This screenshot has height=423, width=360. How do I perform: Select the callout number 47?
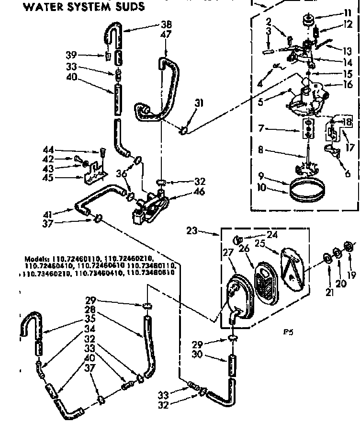pyautogui.click(x=166, y=34)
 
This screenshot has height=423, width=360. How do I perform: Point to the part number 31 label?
pyautogui.click(x=199, y=103)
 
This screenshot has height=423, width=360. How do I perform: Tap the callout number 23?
pyautogui.click(x=192, y=230)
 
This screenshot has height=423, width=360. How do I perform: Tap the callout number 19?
pyautogui.click(x=352, y=274)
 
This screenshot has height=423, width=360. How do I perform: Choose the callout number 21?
pyautogui.click(x=329, y=291)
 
